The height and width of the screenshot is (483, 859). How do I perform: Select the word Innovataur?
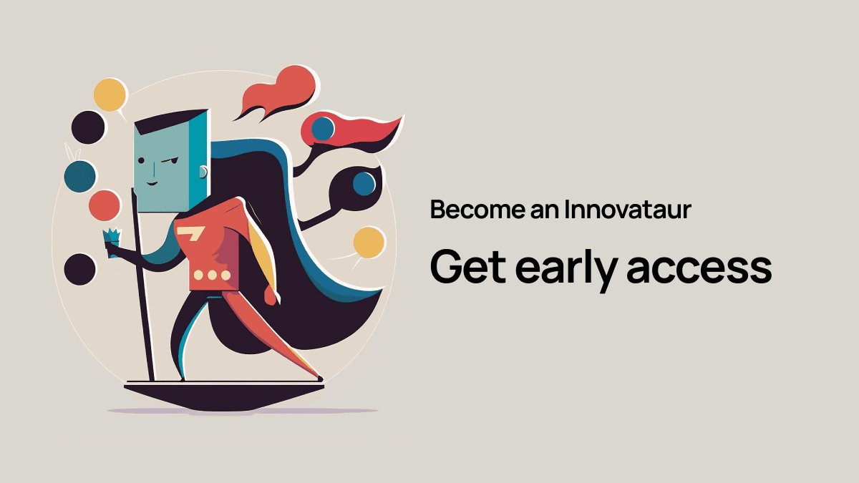(628, 210)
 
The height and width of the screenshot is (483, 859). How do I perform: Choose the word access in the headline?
(699, 270)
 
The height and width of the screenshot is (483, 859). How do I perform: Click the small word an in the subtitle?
(545, 213)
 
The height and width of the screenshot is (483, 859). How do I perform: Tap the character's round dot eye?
(141, 160)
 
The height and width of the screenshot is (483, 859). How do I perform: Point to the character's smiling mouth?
(152, 183)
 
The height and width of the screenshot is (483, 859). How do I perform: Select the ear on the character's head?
(203, 172)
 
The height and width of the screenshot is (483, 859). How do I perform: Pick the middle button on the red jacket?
(212, 275)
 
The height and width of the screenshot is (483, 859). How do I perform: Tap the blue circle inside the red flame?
(323, 129)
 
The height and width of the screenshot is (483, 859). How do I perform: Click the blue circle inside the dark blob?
(364, 184)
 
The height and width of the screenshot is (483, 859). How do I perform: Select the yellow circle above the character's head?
(110, 94)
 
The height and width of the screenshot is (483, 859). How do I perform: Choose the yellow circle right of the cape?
(368, 243)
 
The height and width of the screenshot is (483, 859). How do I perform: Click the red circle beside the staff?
(105, 205)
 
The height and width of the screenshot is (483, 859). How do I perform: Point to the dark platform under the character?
(224, 396)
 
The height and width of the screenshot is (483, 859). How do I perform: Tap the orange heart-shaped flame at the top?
(279, 93)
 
